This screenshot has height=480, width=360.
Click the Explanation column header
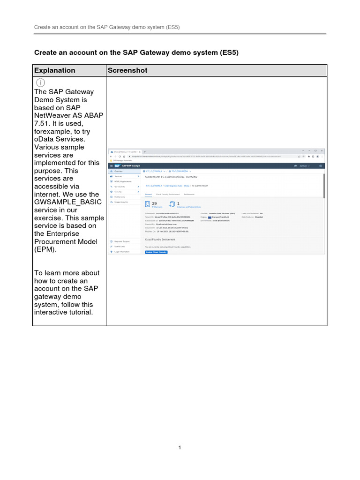54,70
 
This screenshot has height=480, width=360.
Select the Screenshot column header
127,70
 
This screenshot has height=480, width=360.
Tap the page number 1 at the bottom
180,448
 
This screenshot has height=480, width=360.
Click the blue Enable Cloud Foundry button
156,252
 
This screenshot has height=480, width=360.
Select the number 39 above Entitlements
155,203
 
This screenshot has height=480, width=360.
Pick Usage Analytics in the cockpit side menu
121,202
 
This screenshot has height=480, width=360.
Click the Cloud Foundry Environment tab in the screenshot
167,194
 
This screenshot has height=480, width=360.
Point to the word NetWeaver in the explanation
51,115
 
